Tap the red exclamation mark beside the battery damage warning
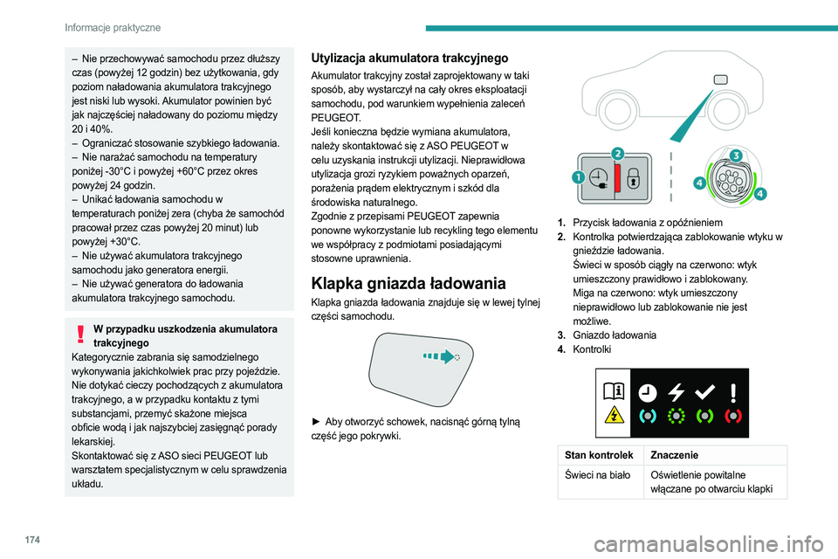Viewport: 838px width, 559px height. tap(81, 335)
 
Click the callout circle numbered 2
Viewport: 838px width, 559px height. tap(617, 153)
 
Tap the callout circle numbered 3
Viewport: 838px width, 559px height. tap(736, 155)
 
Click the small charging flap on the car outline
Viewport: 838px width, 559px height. tap(719, 79)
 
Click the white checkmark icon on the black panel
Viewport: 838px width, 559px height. tap(705, 393)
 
